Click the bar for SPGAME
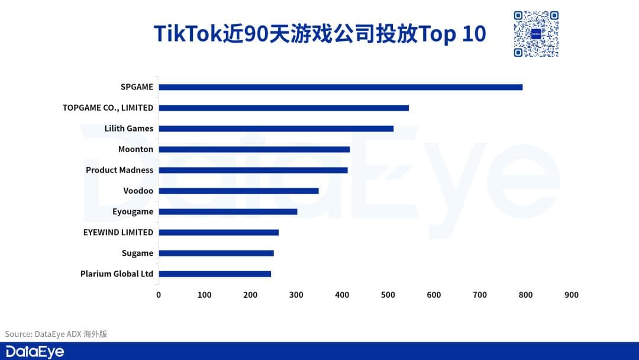[340, 87]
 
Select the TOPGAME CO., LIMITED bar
[283, 108]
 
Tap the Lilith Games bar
[276, 128]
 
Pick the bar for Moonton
[254, 149]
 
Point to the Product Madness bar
[253, 170]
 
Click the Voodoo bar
[238, 191]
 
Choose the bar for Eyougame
[228, 211]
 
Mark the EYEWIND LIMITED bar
[218, 232]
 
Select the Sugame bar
[216, 253]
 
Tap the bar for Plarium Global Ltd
[215, 274]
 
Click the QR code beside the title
[535, 34]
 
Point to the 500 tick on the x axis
[388, 295]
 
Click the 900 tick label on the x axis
[572, 295]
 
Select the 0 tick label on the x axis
[159, 295]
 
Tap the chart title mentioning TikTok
[319, 34]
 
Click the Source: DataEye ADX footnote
[56, 334]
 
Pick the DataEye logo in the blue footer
[34, 351]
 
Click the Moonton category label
[135, 149]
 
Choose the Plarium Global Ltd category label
[117, 274]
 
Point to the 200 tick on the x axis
[250, 295]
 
